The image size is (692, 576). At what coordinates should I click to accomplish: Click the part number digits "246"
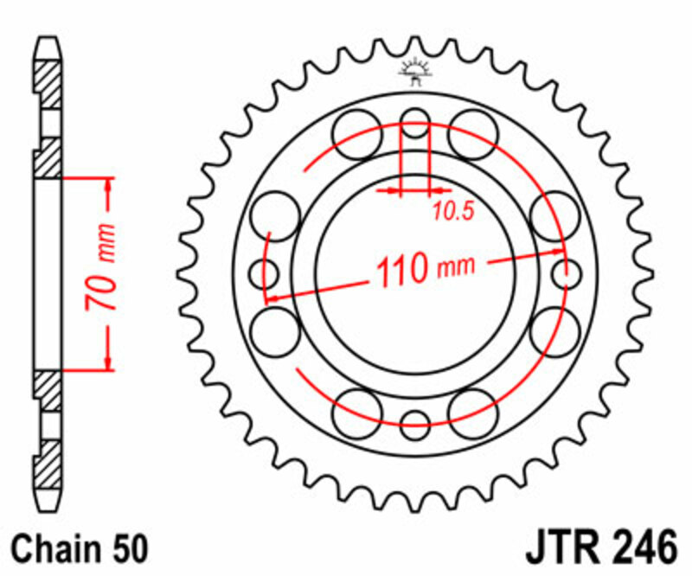(637, 548)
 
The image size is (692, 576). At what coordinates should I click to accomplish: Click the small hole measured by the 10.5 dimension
(416, 124)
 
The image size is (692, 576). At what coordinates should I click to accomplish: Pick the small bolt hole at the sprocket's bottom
(416, 425)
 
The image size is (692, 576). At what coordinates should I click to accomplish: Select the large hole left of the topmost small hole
(357, 135)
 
